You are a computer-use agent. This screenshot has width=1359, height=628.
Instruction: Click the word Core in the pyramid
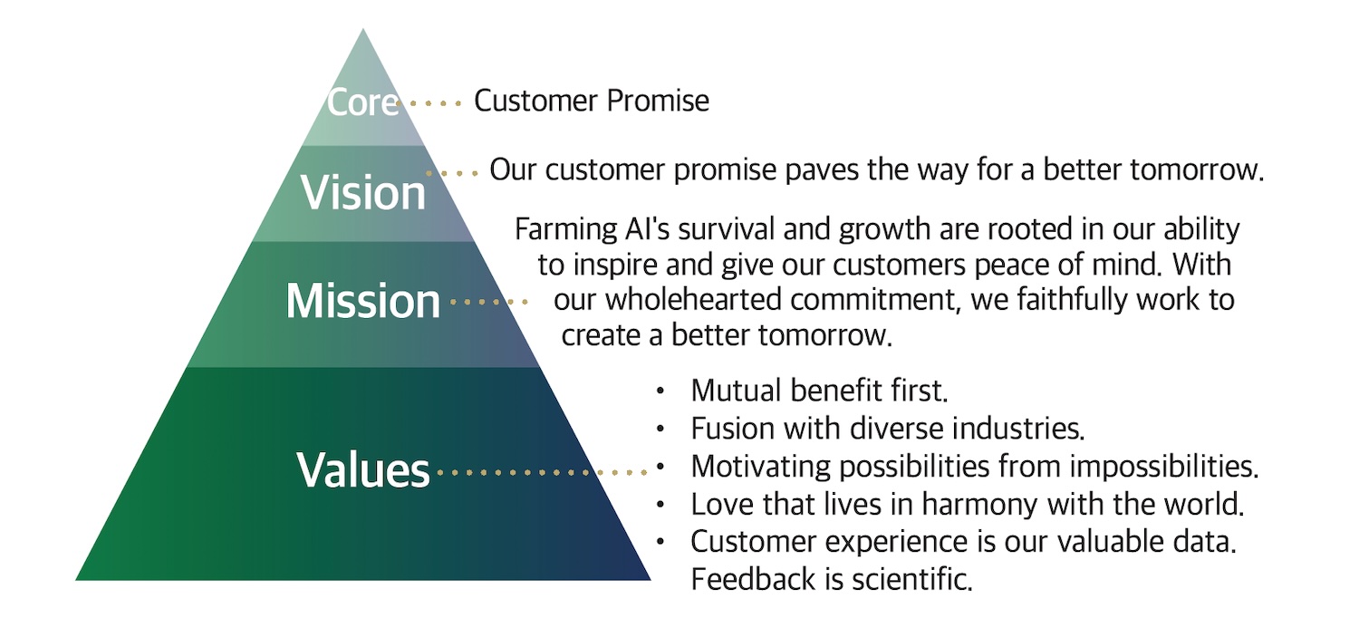pyautogui.click(x=362, y=101)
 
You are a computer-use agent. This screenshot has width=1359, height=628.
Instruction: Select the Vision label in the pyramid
pyautogui.click(x=363, y=192)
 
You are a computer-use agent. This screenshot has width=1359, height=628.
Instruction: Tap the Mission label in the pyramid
pyautogui.click(x=363, y=301)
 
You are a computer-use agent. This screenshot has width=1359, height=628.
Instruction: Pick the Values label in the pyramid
pyautogui.click(x=363, y=470)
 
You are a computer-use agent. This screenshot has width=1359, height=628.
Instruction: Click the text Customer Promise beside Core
pyautogui.click(x=592, y=101)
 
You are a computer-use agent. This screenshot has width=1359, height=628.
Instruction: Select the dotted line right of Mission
pyautogui.click(x=489, y=302)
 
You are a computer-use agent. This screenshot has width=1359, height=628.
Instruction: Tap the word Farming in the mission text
pyautogui.click(x=554, y=230)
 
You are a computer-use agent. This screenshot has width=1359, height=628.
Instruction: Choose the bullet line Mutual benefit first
pyautogui.click(x=818, y=391)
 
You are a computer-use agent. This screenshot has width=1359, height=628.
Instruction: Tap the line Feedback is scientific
pyautogui.click(x=831, y=578)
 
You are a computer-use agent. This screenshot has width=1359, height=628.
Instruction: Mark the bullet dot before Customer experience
pyautogui.click(x=660, y=541)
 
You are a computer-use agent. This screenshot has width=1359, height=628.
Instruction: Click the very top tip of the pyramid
pyautogui.click(x=363, y=30)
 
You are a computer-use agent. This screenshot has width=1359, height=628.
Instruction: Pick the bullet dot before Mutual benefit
pyautogui.click(x=660, y=391)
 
